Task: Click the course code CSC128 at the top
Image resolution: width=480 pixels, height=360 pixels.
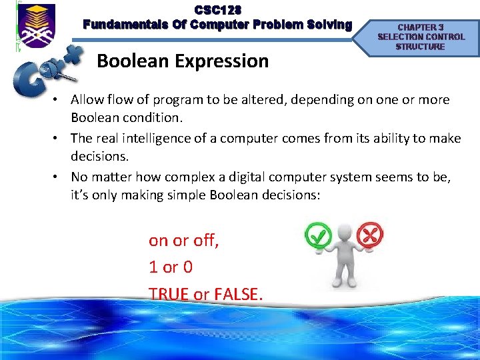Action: pyautogui.click(x=218, y=10)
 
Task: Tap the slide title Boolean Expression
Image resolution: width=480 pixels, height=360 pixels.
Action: pyautogui.click(x=183, y=61)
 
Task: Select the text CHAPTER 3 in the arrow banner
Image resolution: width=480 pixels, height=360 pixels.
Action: pyautogui.click(x=420, y=27)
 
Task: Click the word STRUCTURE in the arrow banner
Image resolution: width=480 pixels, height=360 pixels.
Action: pyautogui.click(x=420, y=47)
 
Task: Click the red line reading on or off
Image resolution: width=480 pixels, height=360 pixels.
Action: pyautogui.click(x=184, y=240)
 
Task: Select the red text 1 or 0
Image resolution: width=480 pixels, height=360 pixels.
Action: pyautogui.click(x=171, y=267)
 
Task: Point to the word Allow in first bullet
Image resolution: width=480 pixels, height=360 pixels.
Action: pyautogui.click(x=88, y=100)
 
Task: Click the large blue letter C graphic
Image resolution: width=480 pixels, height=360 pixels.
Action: pyautogui.click(x=32, y=80)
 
